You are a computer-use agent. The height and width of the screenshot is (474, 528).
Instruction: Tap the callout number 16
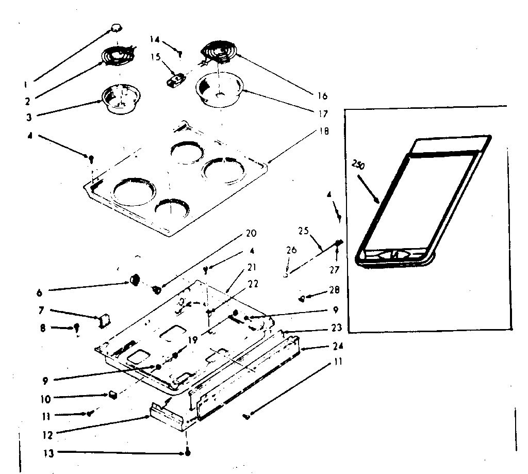323,95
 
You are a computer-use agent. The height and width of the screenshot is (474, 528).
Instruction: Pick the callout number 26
291,251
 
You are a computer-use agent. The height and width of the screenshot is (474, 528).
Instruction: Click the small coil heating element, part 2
117,56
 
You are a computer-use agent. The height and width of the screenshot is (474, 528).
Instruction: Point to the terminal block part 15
176,81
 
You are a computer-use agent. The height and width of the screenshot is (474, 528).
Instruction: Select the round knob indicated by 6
136,280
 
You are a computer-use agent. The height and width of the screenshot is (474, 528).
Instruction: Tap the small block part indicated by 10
112,395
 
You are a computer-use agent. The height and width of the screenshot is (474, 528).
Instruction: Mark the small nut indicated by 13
187,453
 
